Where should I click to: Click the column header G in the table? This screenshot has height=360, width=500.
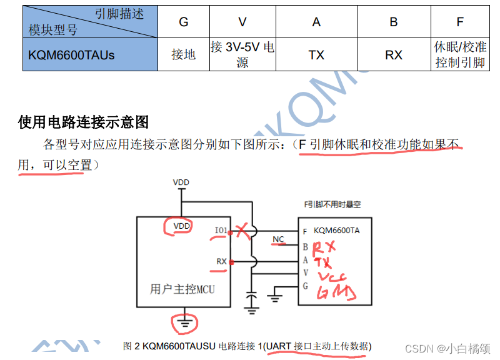click(183, 22)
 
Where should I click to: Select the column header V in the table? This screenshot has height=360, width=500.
click(242, 22)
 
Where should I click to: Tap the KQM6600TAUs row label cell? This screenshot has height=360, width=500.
click(71, 55)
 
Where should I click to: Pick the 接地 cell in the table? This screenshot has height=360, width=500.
click(183, 55)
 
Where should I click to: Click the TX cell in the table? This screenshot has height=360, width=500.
click(316, 55)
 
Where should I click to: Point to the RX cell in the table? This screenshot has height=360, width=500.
click(393, 55)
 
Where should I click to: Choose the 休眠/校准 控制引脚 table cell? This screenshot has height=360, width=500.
click(460, 55)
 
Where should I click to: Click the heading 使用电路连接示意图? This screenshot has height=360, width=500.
click(83, 121)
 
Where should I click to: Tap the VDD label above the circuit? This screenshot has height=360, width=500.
click(181, 182)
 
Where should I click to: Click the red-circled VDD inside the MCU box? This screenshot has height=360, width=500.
click(181, 226)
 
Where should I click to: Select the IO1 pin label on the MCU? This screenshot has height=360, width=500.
click(221, 231)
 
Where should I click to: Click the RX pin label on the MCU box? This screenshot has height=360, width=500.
click(221, 261)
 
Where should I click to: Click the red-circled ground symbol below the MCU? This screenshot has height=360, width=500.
click(184, 322)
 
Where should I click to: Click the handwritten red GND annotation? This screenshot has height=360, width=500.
click(337, 291)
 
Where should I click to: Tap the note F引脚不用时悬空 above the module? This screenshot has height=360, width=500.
click(332, 204)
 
